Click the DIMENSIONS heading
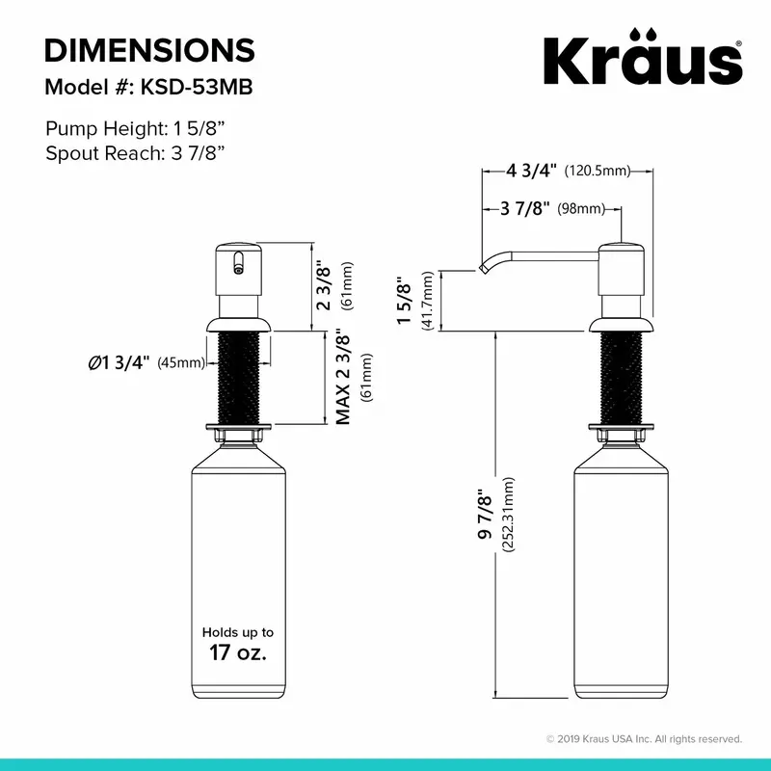pos(150,50)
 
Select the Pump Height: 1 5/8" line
pos(135,129)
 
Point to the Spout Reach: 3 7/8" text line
pos(135,153)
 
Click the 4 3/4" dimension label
pos(532,171)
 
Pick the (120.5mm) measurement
pos(597,172)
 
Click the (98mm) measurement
pos(581,209)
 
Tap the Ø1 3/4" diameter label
pos(119,363)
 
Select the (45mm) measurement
pos(181,363)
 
